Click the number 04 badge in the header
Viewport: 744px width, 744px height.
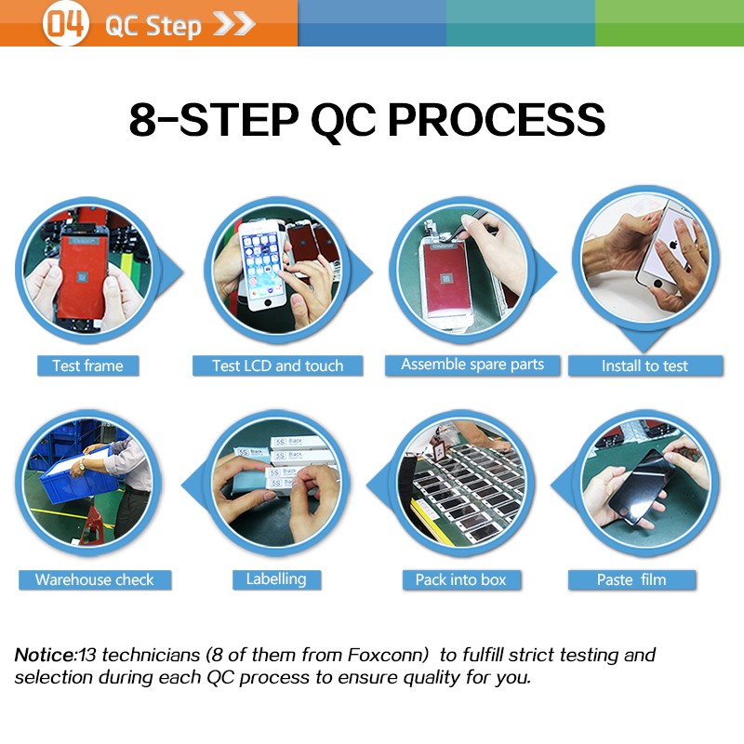point(65,23)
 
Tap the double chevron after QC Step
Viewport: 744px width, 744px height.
point(234,24)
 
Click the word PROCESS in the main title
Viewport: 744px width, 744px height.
point(497,120)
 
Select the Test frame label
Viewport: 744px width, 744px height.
point(87,365)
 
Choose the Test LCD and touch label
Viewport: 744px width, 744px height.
point(277,365)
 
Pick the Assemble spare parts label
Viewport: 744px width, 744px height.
point(472,365)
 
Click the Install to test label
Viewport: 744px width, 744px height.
point(644,365)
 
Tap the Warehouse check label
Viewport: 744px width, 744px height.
point(95,579)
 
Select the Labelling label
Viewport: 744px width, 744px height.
point(276,579)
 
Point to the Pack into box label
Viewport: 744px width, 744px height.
point(461,579)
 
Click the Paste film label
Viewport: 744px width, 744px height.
point(632,579)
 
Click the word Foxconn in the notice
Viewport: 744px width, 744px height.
point(388,655)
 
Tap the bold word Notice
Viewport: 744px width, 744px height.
point(46,655)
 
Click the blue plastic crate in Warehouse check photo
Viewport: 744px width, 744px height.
point(78,479)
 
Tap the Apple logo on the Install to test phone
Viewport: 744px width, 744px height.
point(672,246)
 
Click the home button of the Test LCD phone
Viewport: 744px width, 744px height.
point(268,301)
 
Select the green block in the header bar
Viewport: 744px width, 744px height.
point(670,23)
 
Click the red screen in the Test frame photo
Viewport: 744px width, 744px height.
point(83,276)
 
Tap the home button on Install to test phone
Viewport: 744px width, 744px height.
point(658,285)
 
